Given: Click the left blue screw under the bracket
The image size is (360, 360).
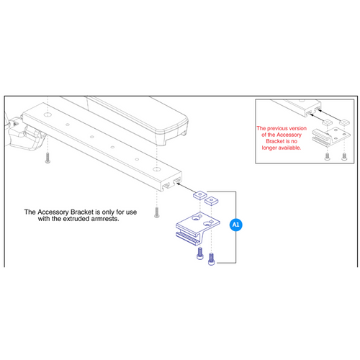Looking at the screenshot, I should (x=199, y=251).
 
